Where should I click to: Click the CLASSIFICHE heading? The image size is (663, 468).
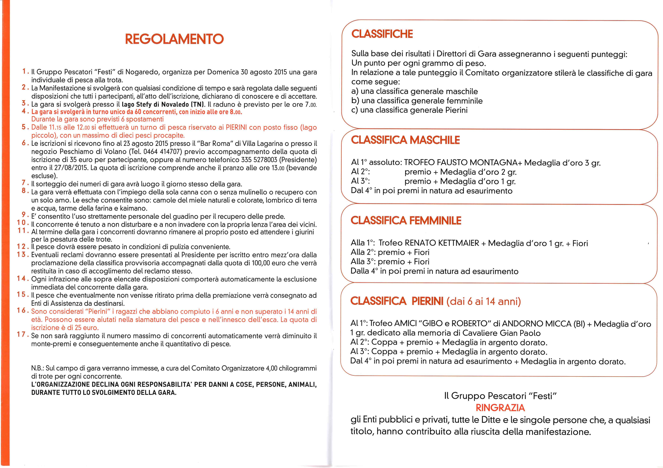pyautogui.click(x=382, y=34)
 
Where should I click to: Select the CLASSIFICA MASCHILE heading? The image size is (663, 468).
pyautogui.click(x=405, y=140)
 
